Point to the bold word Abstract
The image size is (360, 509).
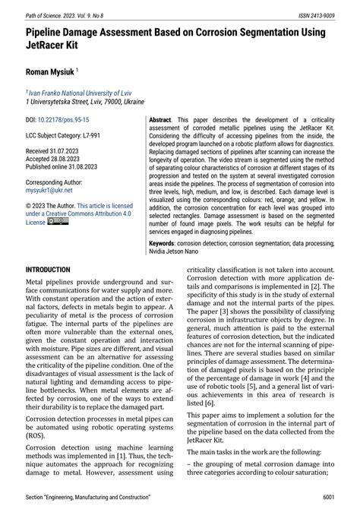pos(161,121)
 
